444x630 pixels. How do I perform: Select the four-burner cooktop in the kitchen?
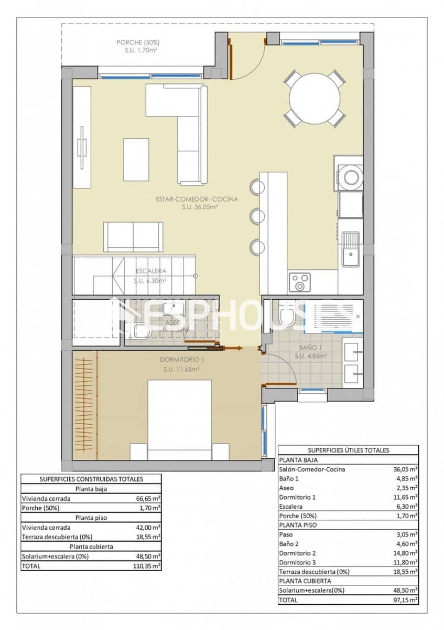tap(300, 282)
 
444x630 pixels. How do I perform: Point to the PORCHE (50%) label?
tap(138, 43)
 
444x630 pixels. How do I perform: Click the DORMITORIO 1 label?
tap(181, 360)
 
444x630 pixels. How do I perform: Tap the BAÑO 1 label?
tap(310, 348)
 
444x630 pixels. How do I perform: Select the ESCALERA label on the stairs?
tap(150, 271)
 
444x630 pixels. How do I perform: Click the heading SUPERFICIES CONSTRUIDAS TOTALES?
tap(92, 479)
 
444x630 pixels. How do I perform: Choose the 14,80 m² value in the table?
tap(405, 553)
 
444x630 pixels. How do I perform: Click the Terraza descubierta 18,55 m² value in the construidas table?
tap(148, 537)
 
